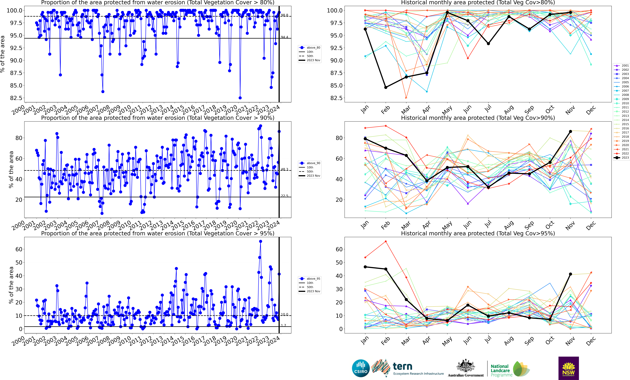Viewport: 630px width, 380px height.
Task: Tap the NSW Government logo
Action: pyautogui.click(x=568, y=368)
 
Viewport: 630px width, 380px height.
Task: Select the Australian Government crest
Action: pyautogui.click(x=466, y=366)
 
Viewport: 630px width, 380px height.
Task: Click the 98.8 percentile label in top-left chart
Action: pyautogui.click(x=284, y=15)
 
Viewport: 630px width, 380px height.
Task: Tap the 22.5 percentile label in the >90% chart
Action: pyautogui.click(x=284, y=196)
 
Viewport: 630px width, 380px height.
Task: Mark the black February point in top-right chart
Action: pyautogui.click(x=386, y=87)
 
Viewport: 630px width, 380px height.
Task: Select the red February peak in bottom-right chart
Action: pyautogui.click(x=386, y=241)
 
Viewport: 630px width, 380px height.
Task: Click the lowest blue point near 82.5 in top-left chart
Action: pyautogui.click(x=240, y=98)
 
